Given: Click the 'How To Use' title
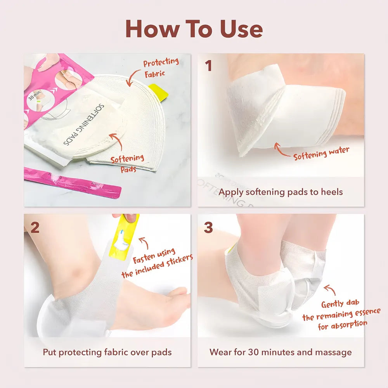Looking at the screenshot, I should [x=194, y=29].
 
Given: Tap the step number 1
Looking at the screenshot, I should [x=209, y=66].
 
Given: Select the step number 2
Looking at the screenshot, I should [x=35, y=228].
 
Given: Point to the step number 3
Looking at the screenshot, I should [x=208, y=228].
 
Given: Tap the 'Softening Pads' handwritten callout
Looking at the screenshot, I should [x=127, y=163].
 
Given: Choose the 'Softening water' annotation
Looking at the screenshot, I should [x=321, y=153].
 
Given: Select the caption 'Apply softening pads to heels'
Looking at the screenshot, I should [x=281, y=192].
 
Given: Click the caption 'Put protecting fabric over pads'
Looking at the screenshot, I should [x=107, y=352].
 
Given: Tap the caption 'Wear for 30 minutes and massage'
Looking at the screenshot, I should [x=281, y=352].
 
